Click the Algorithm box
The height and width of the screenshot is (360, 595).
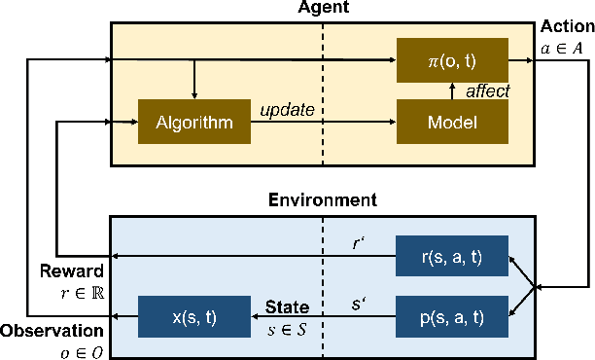click(x=193, y=124)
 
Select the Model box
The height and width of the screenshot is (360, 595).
click(x=452, y=124)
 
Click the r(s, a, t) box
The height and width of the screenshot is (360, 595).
click(x=452, y=258)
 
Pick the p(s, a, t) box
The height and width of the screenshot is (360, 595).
click(x=452, y=316)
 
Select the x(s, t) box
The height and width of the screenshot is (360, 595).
click(x=193, y=316)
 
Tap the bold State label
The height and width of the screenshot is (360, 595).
click(x=287, y=307)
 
